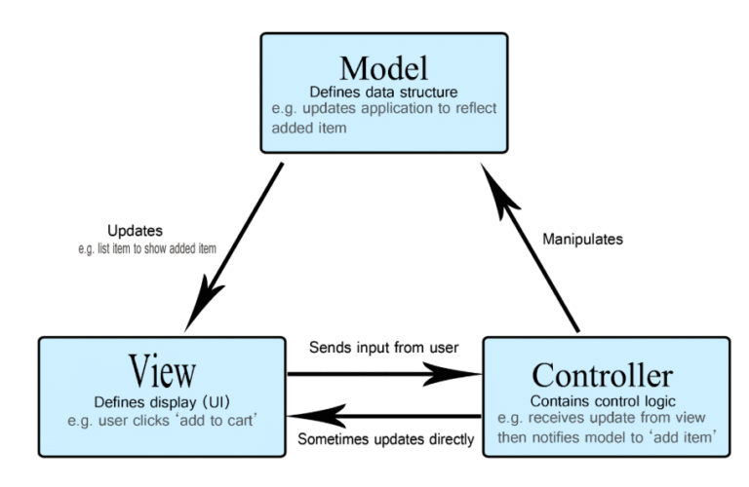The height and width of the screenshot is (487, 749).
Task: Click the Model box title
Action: click(x=383, y=67)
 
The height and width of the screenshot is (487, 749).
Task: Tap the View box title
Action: click(x=161, y=371)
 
